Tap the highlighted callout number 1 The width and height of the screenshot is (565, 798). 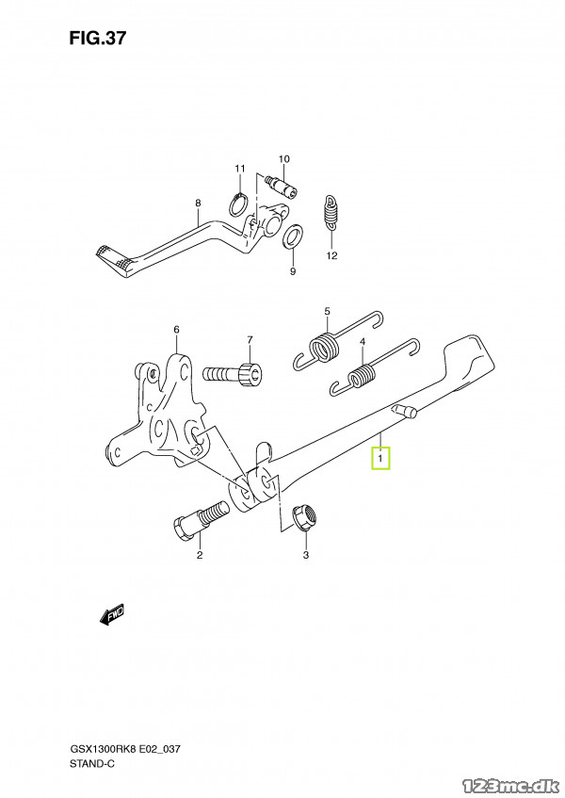380,459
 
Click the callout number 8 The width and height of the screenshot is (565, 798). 198,203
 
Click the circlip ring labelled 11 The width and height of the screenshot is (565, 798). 240,201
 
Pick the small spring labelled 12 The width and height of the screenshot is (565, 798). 330,213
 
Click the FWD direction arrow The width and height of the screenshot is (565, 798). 112,616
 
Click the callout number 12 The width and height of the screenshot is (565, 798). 331,255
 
